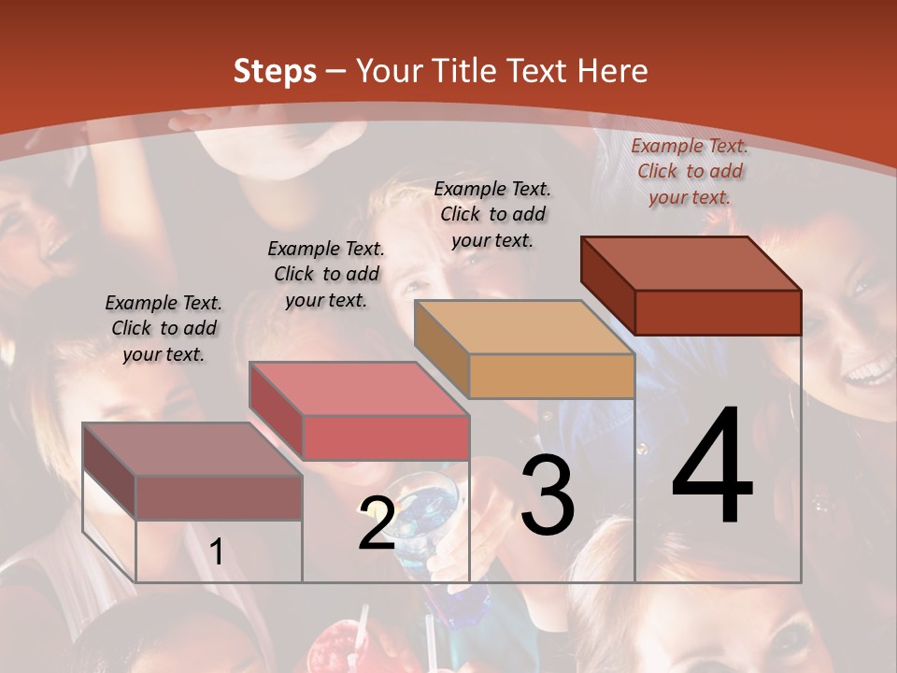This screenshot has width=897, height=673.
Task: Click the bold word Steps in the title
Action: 275,71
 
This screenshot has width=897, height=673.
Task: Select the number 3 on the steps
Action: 548,495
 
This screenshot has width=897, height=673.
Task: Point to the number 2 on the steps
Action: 377,523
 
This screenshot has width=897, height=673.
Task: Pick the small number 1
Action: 217,551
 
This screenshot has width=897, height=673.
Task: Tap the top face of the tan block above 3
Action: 524,327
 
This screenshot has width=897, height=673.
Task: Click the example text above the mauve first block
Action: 164,328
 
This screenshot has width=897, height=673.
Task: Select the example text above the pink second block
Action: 326,274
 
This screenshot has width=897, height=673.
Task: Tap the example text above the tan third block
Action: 492,214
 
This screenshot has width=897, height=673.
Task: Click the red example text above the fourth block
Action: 690,171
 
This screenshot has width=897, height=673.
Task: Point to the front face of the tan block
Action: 551,377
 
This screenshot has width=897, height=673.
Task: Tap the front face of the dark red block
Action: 718,312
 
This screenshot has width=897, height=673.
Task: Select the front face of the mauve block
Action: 219,498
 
